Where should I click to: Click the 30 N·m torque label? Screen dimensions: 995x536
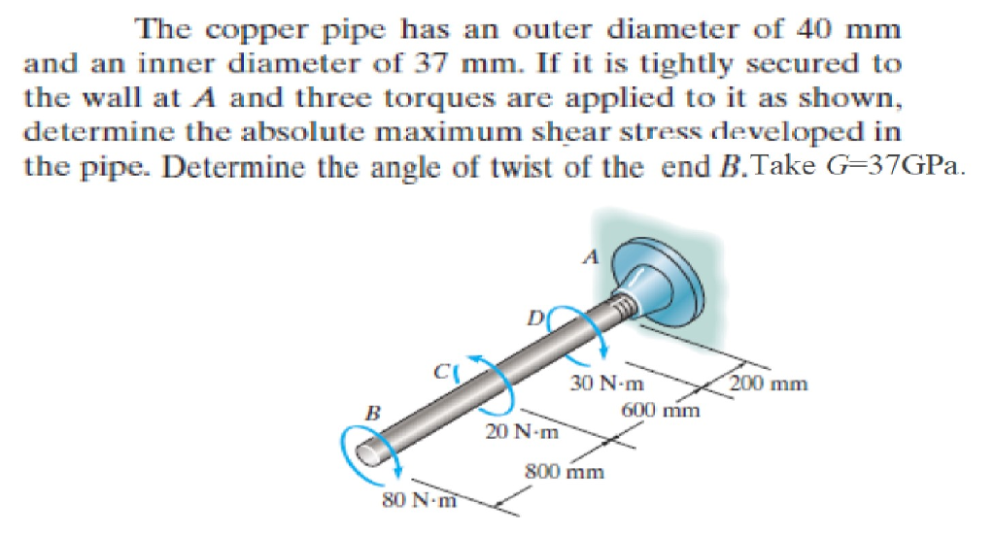pos(606,384)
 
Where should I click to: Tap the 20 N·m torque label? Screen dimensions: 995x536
pos(522,432)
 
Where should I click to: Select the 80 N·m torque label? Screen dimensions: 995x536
pos(419,500)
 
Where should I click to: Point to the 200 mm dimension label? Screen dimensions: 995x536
pos(769,384)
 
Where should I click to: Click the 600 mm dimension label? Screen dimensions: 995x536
pos(661,411)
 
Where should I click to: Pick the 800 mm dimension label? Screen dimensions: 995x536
pos(565,473)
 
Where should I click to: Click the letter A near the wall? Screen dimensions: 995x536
pos(591,257)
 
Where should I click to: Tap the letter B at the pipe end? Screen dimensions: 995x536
pos(373,414)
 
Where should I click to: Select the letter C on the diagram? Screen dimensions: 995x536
pos(442,371)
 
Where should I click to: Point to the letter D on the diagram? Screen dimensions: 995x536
pos(536,318)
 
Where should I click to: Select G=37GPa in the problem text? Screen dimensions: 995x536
pos(896,165)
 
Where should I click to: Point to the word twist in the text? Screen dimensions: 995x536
pos(549,167)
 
